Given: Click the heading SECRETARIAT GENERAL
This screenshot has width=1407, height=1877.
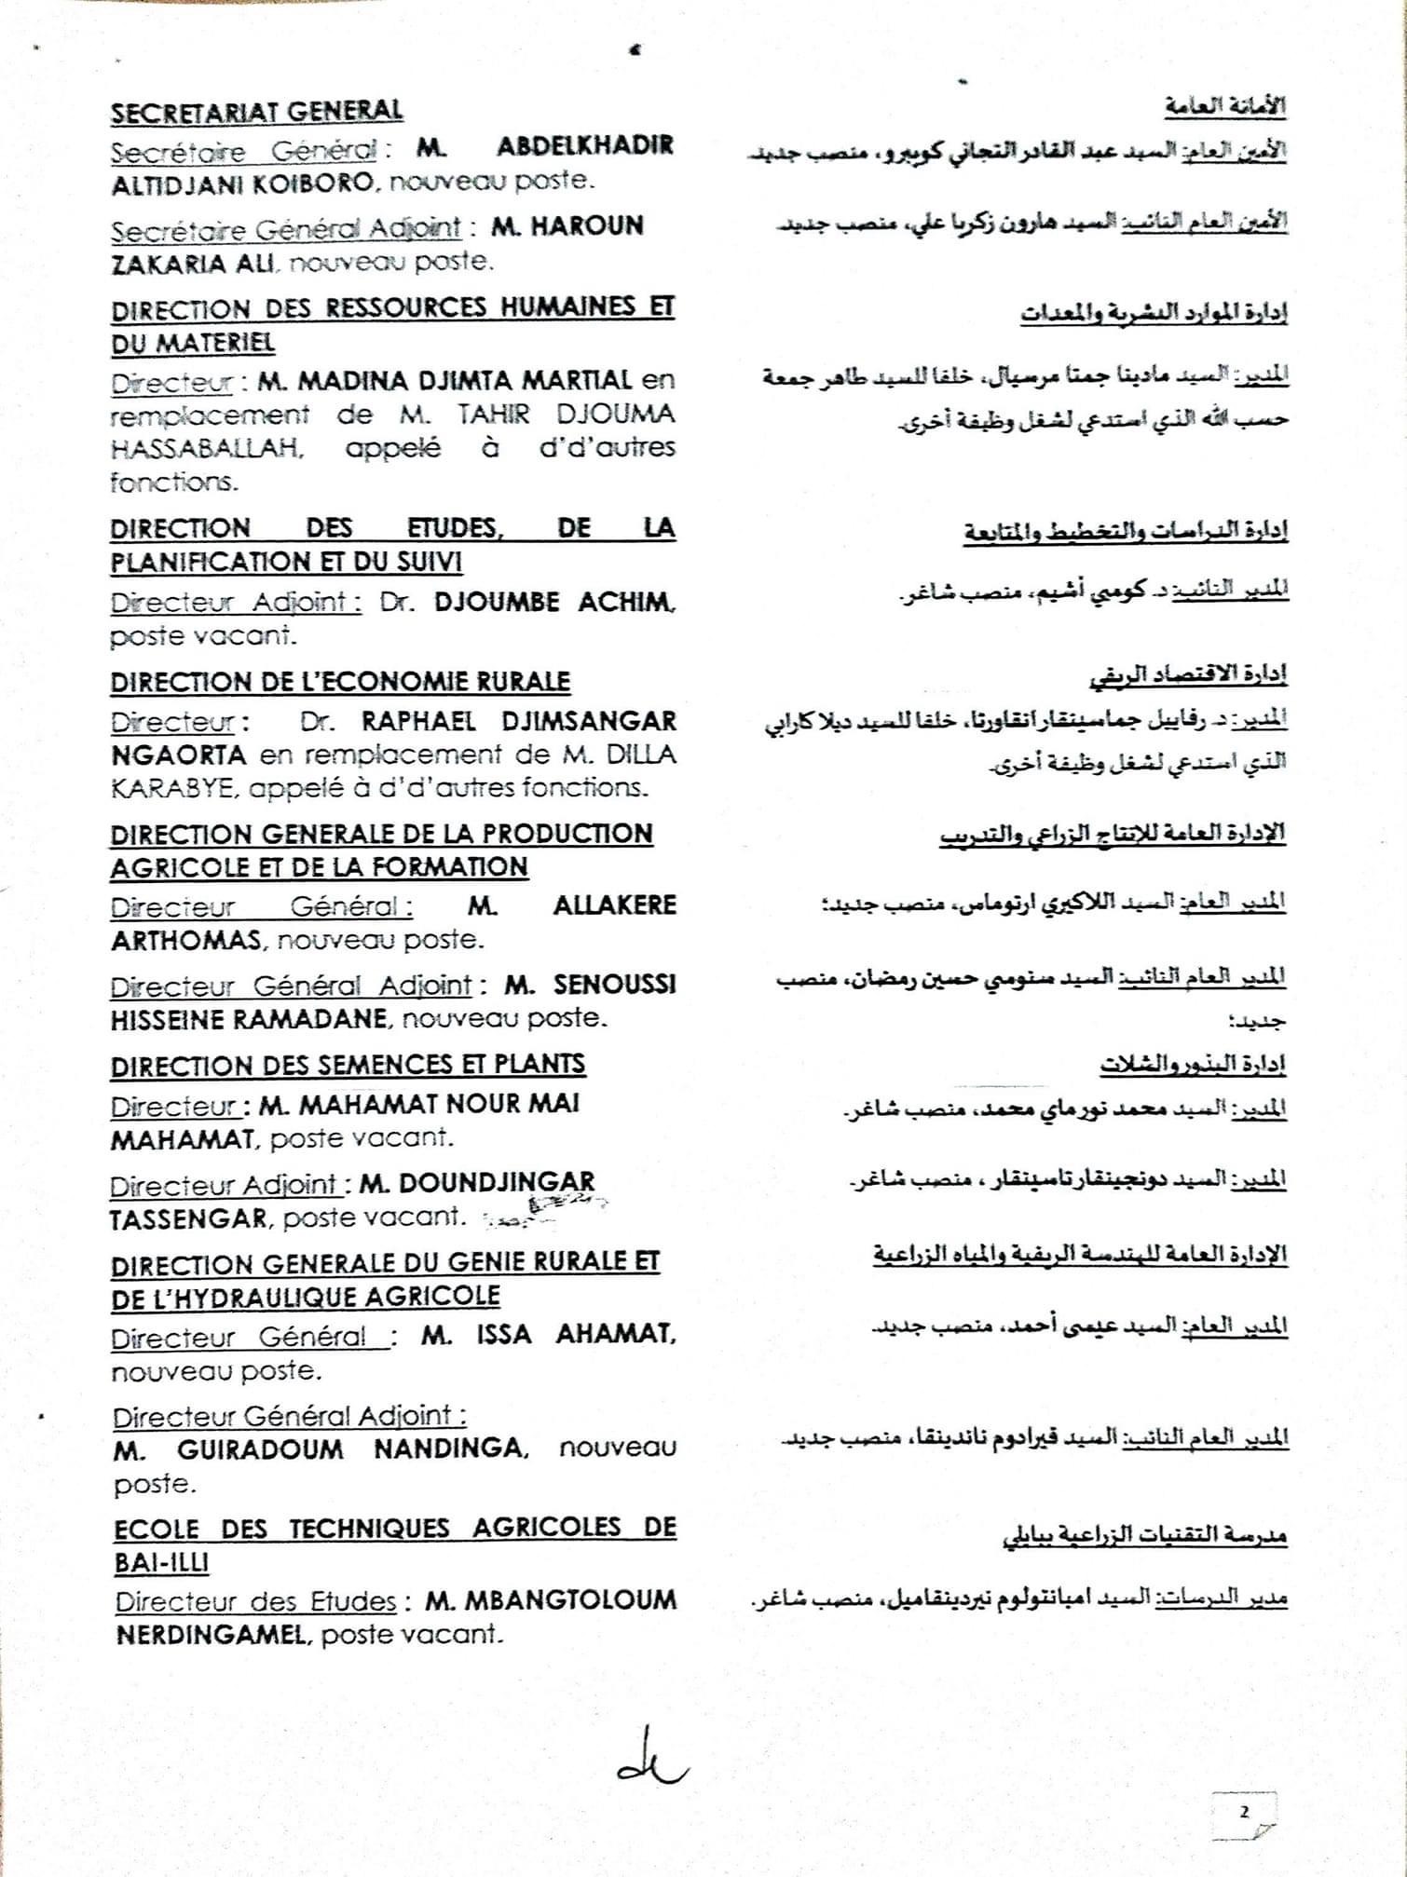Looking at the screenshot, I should [x=256, y=112].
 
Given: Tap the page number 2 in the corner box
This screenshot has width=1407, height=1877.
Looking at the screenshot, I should [x=1244, y=1812].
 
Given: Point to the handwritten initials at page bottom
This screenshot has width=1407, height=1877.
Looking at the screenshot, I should [x=650, y=1760].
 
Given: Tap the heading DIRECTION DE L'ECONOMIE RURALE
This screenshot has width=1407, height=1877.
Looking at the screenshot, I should [x=340, y=682].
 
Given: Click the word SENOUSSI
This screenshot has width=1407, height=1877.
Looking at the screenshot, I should [x=614, y=985].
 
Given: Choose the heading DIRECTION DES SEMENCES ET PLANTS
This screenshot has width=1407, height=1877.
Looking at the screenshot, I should [x=348, y=1065].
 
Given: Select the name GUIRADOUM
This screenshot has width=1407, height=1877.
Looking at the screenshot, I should [x=260, y=1449].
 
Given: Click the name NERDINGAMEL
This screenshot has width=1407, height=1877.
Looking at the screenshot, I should [x=211, y=1635].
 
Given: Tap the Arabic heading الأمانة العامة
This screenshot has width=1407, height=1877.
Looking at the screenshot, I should [x=1224, y=107].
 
